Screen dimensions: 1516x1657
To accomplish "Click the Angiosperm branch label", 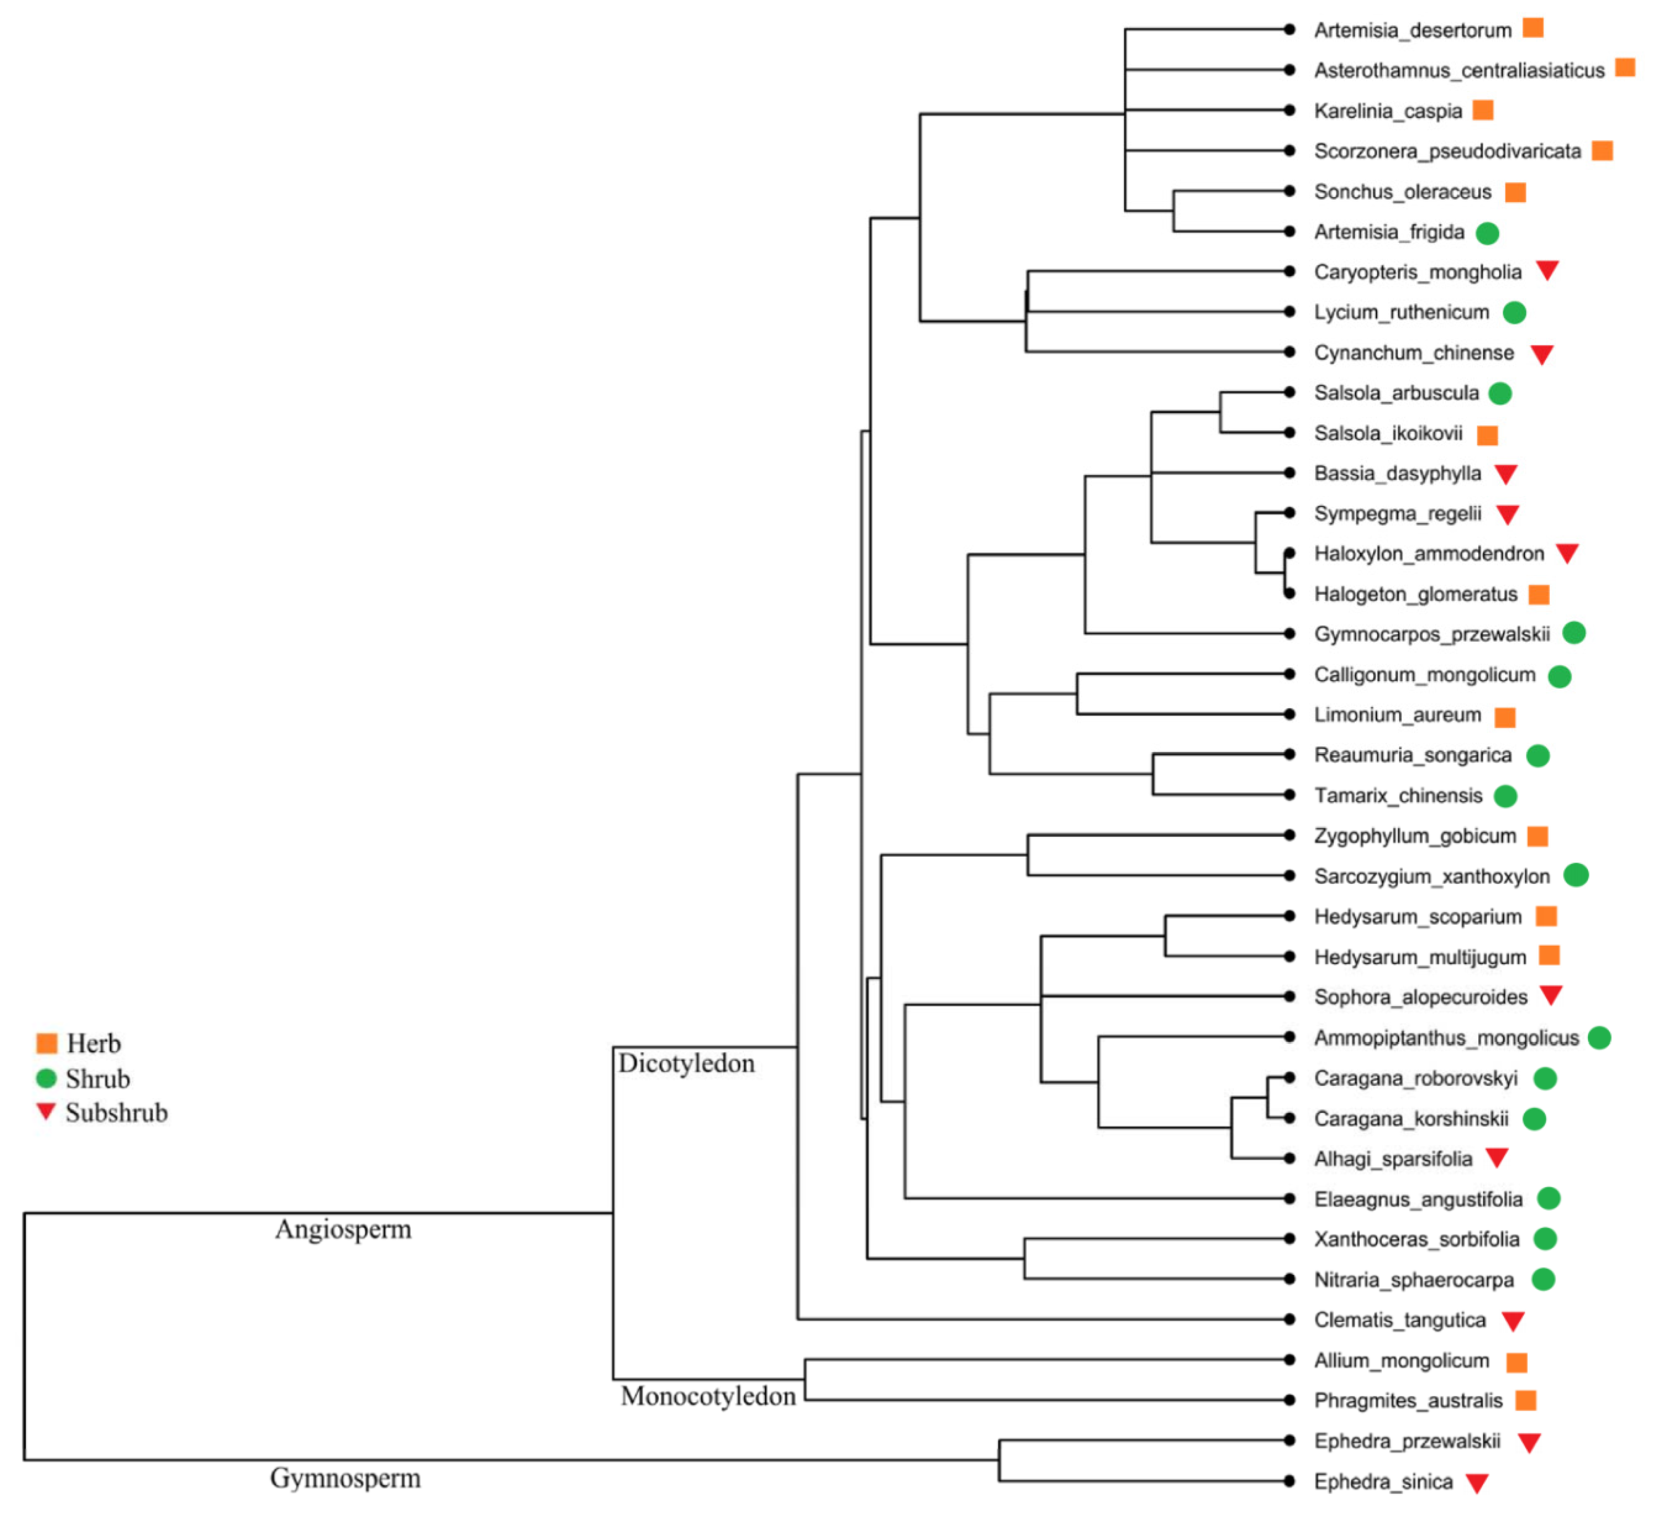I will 343,1230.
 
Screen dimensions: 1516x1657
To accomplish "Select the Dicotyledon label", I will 686,1064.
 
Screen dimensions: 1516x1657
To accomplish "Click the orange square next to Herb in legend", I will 47,1043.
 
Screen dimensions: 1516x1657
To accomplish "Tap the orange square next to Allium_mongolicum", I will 1516,1362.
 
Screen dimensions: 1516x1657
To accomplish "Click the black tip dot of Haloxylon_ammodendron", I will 1289,553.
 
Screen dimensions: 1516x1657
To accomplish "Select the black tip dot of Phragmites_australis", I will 1289,1400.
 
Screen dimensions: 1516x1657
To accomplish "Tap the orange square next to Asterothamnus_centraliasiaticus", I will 1625,67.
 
